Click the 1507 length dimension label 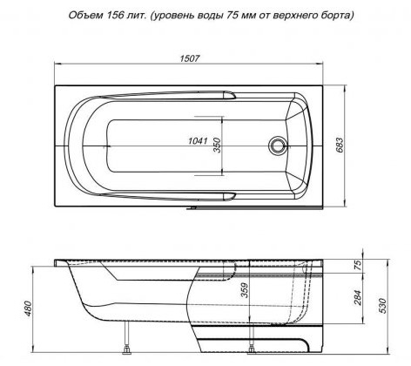[x=190, y=58]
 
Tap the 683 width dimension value [x=340, y=145]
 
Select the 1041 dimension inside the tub [x=198, y=141]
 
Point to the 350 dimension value [x=217, y=145]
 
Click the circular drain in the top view [x=278, y=146]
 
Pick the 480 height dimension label [x=28, y=308]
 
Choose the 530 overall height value [x=383, y=306]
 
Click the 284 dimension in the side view [x=358, y=297]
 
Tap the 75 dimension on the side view [x=359, y=265]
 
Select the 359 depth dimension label [x=246, y=290]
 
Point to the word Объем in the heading [x=85, y=15]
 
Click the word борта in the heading [x=338, y=16]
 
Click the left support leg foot [x=126, y=351]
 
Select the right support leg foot [x=251, y=351]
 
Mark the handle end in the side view [x=230, y=271]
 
